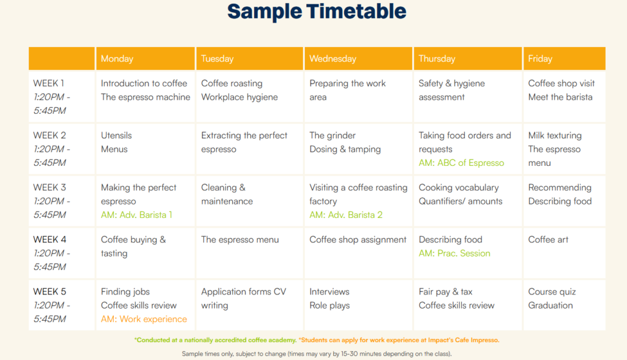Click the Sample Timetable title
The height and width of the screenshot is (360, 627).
[x=317, y=11]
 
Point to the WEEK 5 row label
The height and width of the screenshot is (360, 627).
[x=50, y=291]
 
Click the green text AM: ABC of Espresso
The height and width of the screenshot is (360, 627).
[x=461, y=163]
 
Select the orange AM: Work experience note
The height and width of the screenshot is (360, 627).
[x=144, y=319]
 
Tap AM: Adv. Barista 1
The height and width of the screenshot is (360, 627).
[x=137, y=215]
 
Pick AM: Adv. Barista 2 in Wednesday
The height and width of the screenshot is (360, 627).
[x=346, y=215]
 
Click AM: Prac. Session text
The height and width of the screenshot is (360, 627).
[x=454, y=253]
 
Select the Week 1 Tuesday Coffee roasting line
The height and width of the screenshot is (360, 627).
[x=232, y=83]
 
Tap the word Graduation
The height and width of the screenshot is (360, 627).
[x=550, y=305]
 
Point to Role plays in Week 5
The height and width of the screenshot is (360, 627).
[x=329, y=305]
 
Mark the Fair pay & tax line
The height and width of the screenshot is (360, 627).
[x=446, y=291]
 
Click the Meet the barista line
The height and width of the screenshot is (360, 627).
[x=560, y=97]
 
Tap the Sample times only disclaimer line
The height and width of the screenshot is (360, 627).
[x=317, y=354]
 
